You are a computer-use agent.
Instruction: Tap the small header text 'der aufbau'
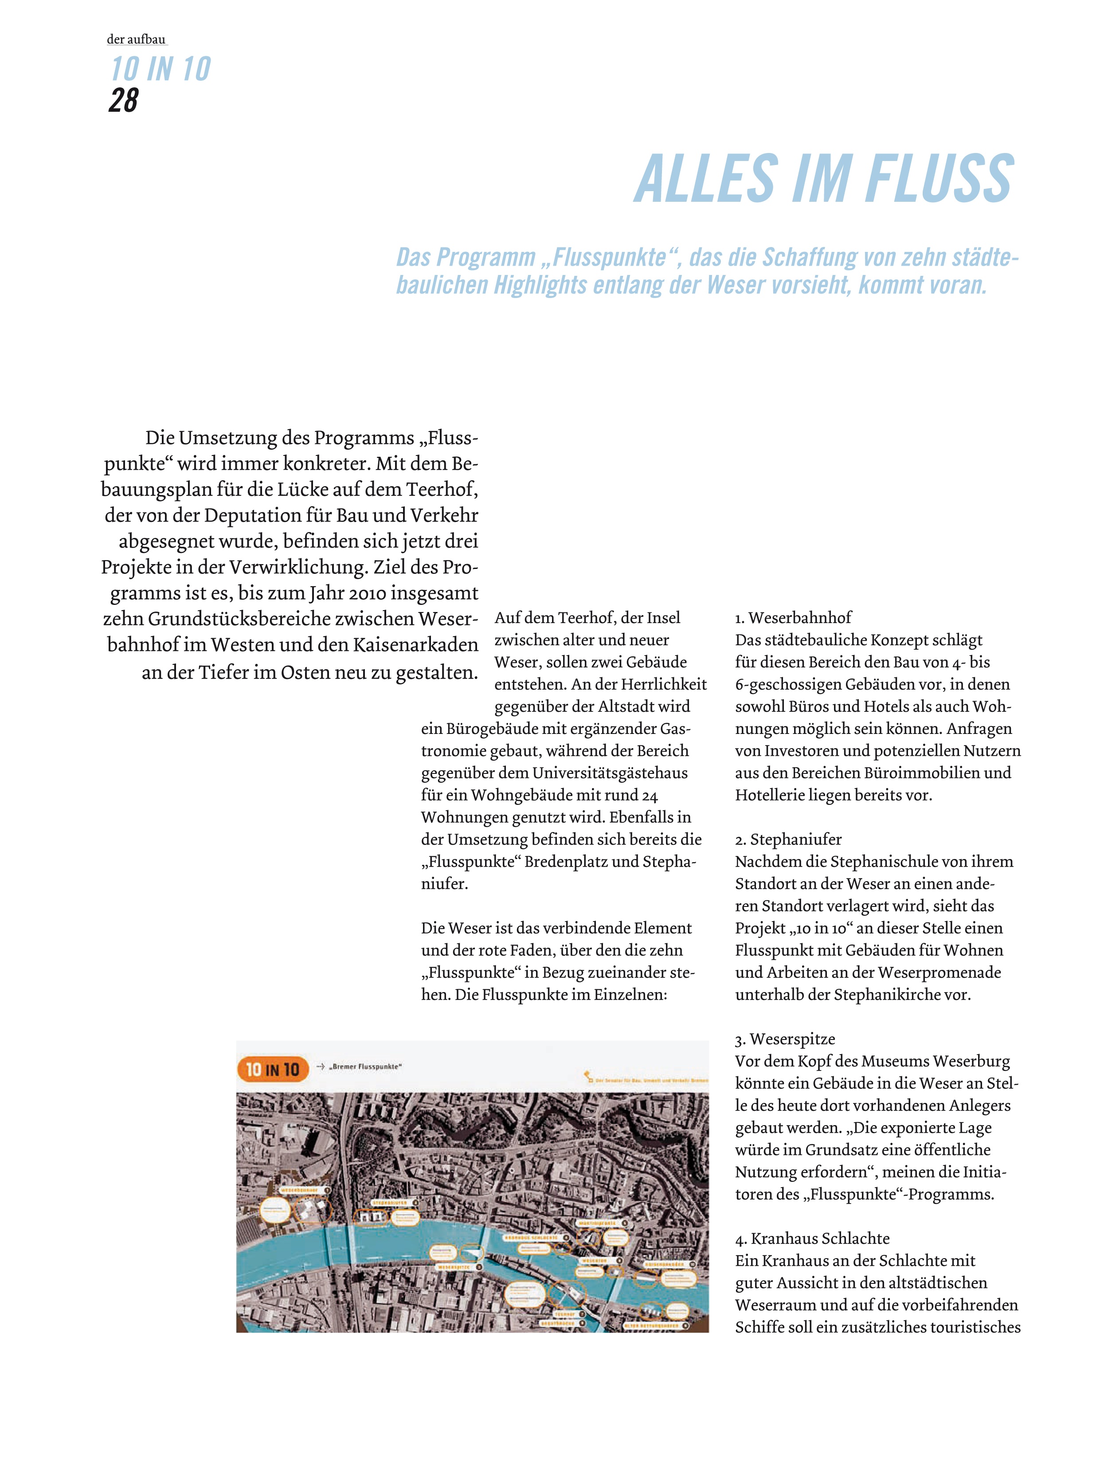pyautogui.click(x=136, y=39)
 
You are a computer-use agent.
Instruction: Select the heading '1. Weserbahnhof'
pyautogui.click(x=793, y=618)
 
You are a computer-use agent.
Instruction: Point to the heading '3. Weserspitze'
pyautogui.click(x=785, y=1039)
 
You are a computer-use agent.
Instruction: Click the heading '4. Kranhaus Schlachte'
pyautogui.click(x=812, y=1238)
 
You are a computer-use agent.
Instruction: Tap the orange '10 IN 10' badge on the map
pyautogui.click(x=273, y=1069)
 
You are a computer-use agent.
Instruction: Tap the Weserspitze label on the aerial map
pyautogui.click(x=454, y=1267)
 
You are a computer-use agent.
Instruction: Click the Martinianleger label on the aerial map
pyautogui.click(x=597, y=1223)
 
